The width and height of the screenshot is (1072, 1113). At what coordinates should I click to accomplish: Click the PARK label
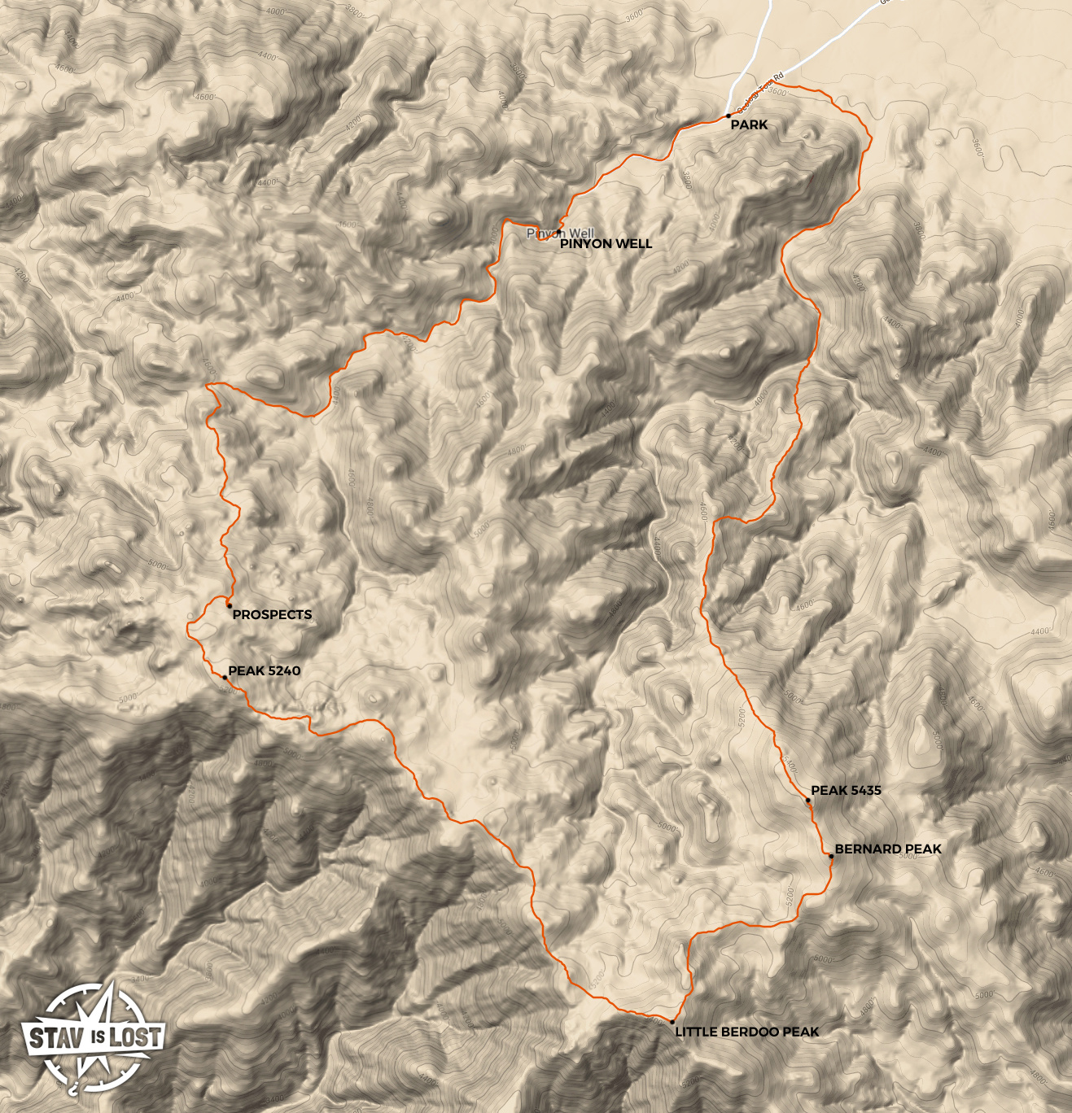[749, 124]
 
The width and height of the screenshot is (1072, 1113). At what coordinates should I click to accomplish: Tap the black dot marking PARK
[728, 116]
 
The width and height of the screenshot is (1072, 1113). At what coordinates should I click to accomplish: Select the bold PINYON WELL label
[606, 243]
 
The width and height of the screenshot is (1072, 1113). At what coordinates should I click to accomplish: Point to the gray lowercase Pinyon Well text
[561, 234]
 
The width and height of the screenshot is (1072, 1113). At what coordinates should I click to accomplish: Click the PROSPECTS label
[272, 614]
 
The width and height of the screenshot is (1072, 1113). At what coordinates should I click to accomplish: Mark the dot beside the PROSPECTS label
[230, 605]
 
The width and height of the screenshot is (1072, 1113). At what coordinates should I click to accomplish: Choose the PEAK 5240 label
[264, 670]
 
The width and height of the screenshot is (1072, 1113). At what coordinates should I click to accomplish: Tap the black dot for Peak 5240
[225, 677]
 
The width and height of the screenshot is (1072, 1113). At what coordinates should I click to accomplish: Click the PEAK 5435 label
[846, 790]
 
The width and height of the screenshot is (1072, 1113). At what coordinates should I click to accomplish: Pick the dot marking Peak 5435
[807, 800]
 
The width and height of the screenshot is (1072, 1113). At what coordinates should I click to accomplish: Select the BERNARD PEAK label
[888, 849]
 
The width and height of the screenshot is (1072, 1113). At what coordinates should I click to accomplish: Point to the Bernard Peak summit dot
[831, 856]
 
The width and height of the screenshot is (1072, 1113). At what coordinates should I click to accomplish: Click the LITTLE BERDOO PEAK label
[746, 1032]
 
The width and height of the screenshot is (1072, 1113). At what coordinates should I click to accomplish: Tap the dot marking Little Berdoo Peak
[672, 1021]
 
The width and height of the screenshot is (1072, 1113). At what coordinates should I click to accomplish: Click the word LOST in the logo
[134, 1036]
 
